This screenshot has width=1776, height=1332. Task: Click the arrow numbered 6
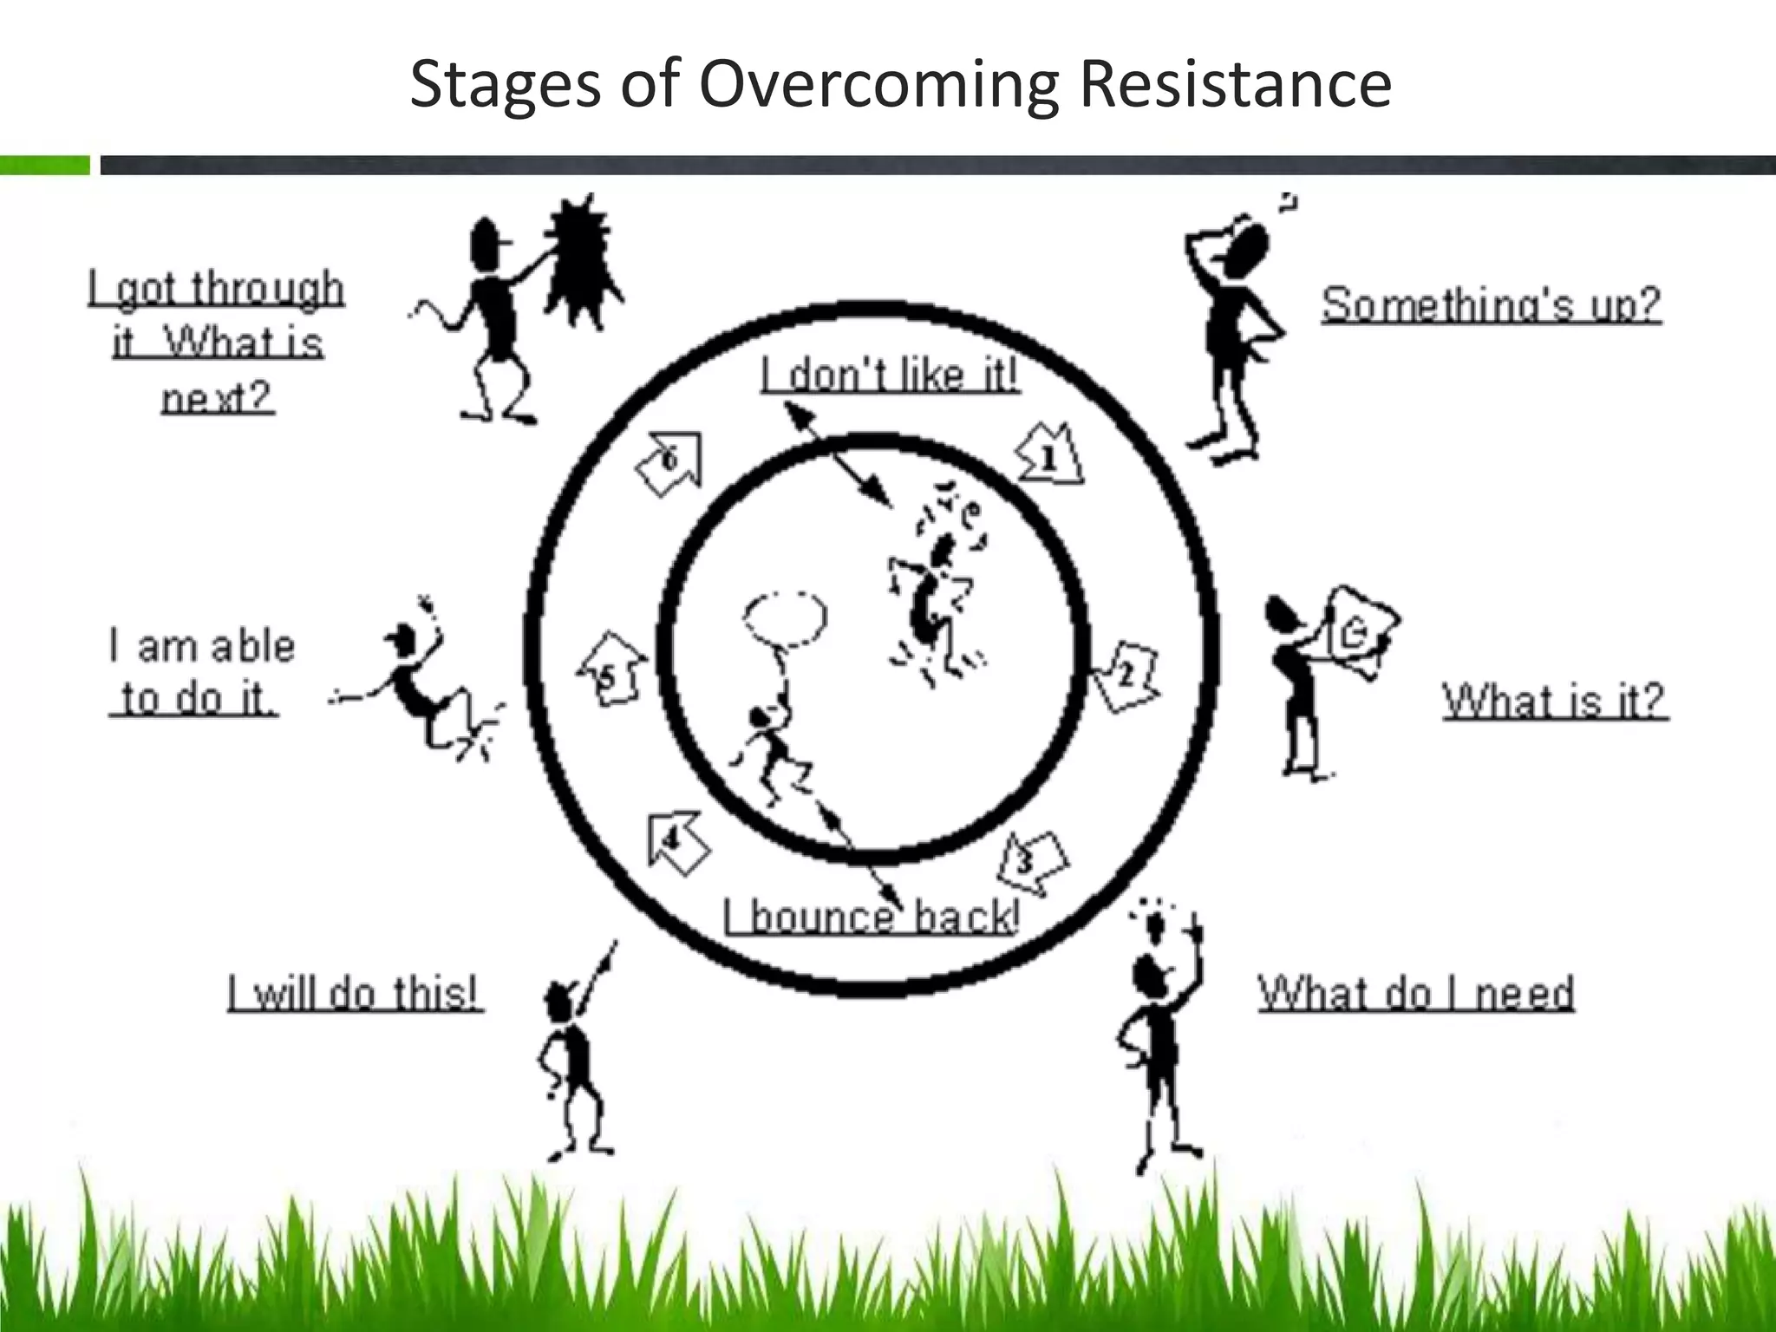click(669, 462)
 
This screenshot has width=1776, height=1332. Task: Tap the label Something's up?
click(1491, 304)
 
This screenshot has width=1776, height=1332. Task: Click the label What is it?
click(1555, 701)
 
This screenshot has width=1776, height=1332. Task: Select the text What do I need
click(1416, 993)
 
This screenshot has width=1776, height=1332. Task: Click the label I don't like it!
click(890, 375)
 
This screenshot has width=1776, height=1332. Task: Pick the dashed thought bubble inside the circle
click(785, 618)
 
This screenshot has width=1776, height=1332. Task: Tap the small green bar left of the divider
click(44, 165)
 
